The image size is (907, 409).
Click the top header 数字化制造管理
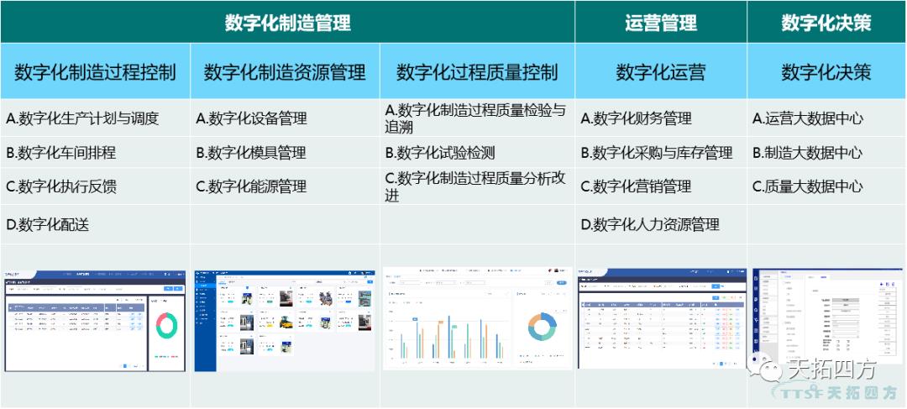[x=287, y=23]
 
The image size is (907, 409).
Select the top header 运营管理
[x=661, y=23]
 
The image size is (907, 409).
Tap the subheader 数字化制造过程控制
[x=95, y=72]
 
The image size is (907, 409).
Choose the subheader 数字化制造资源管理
[x=286, y=72]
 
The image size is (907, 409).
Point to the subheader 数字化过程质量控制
[x=477, y=72]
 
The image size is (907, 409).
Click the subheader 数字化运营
[x=661, y=72]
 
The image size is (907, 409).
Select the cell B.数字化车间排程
[x=60, y=153]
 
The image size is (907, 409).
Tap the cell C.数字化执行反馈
[x=60, y=186]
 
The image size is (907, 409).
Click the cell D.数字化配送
[x=47, y=224]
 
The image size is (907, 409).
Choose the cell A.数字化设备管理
[x=251, y=118]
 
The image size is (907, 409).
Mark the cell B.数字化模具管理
[x=251, y=153]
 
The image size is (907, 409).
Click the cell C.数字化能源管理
[x=251, y=186]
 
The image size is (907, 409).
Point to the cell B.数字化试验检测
[x=440, y=153]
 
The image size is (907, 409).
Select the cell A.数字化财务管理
[x=636, y=118]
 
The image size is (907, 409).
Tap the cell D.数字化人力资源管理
[x=650, y=224]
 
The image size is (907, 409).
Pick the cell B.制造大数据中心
[x=807, y=153]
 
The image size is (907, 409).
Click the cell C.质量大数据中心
[x=807, y=186]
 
